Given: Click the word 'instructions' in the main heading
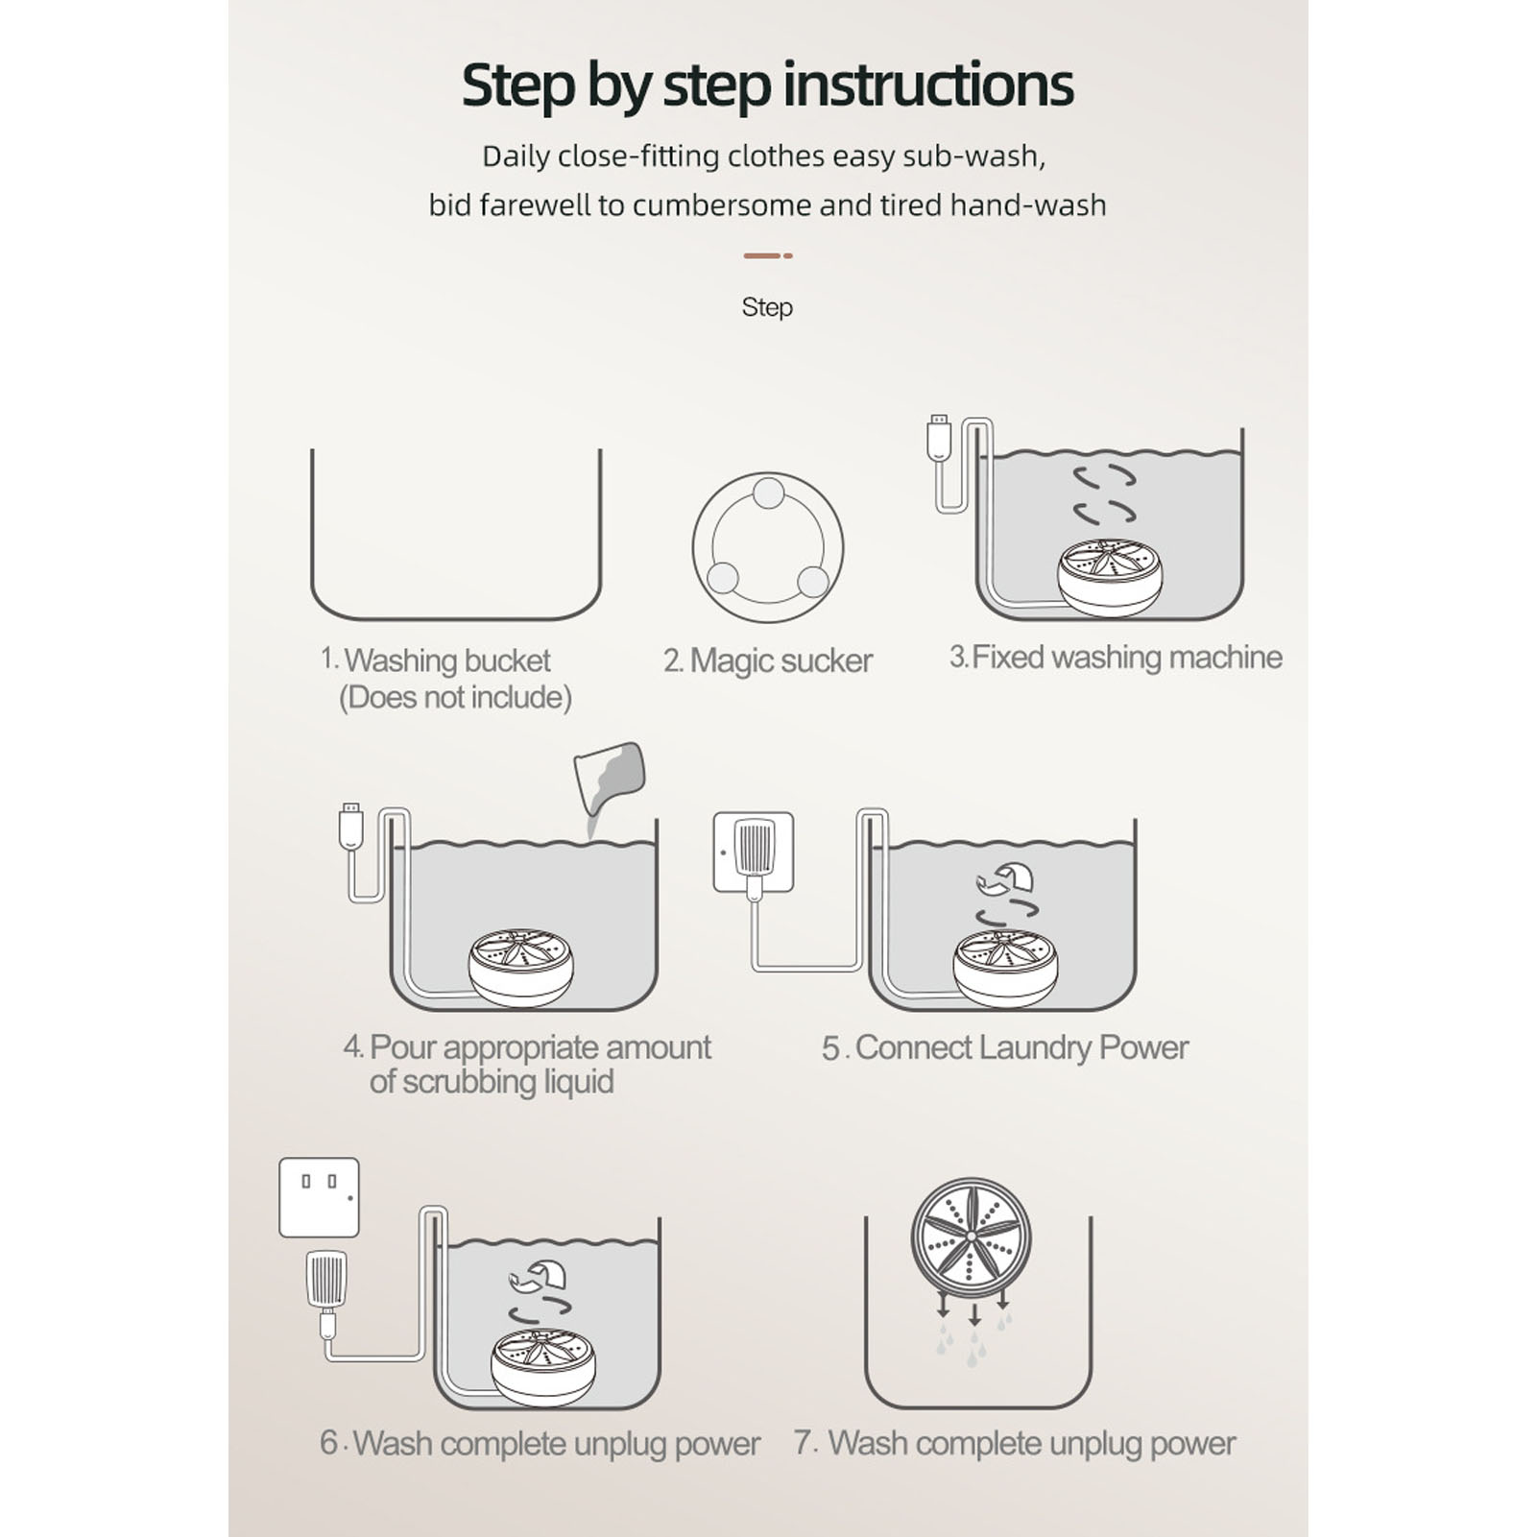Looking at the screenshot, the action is tap(928, 84).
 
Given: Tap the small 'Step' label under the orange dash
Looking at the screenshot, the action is tap(767, 307).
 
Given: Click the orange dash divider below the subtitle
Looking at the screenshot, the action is tap(768, 255).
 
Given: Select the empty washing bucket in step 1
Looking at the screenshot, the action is tap(456, 614).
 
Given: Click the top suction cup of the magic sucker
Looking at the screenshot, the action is tap(768, 493).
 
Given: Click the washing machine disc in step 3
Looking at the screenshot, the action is tap(1110, 576).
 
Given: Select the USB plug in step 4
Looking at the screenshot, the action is tap(351, 826).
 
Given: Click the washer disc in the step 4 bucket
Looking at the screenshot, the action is tap(521, 967).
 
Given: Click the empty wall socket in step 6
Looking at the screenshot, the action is tap(319, 1197).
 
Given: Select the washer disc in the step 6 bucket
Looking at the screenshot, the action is tap(543, 1367).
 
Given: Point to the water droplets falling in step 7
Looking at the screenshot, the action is tap(974, 1338).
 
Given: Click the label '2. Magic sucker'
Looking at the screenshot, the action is tap(768, 660).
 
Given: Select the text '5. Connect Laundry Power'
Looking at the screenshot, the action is tap(1005, 1047).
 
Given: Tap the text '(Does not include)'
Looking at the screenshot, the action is tap(455, 697).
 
